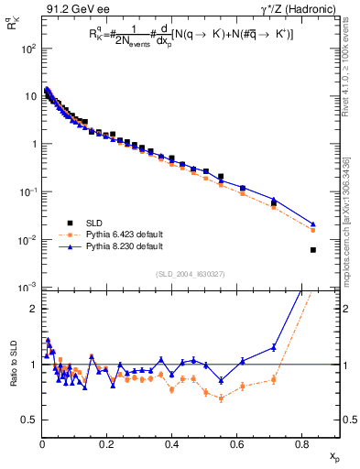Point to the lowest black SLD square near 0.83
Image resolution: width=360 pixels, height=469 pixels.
313,250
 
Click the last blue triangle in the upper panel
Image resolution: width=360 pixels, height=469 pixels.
313,224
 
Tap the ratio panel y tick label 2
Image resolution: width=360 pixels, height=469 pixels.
32,309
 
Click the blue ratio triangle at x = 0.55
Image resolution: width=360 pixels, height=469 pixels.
221,380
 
